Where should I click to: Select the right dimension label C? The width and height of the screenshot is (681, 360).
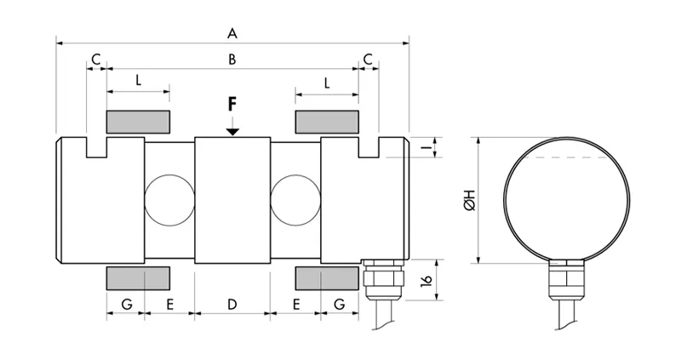[368, 59]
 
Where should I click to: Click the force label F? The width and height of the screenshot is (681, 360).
[232, 105]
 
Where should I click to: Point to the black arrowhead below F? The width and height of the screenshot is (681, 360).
[232, 130]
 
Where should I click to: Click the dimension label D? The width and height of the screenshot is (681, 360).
[232, 303]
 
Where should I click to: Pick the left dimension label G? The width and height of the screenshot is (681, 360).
[125, 303]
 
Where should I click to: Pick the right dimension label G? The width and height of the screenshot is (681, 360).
[339, 303]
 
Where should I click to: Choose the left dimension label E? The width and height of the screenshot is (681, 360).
[169, 303]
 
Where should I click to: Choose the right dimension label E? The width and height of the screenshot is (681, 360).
[295, 303]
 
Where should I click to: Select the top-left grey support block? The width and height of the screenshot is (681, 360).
[138, 121]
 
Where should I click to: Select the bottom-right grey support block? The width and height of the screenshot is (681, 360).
[326, 277]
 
